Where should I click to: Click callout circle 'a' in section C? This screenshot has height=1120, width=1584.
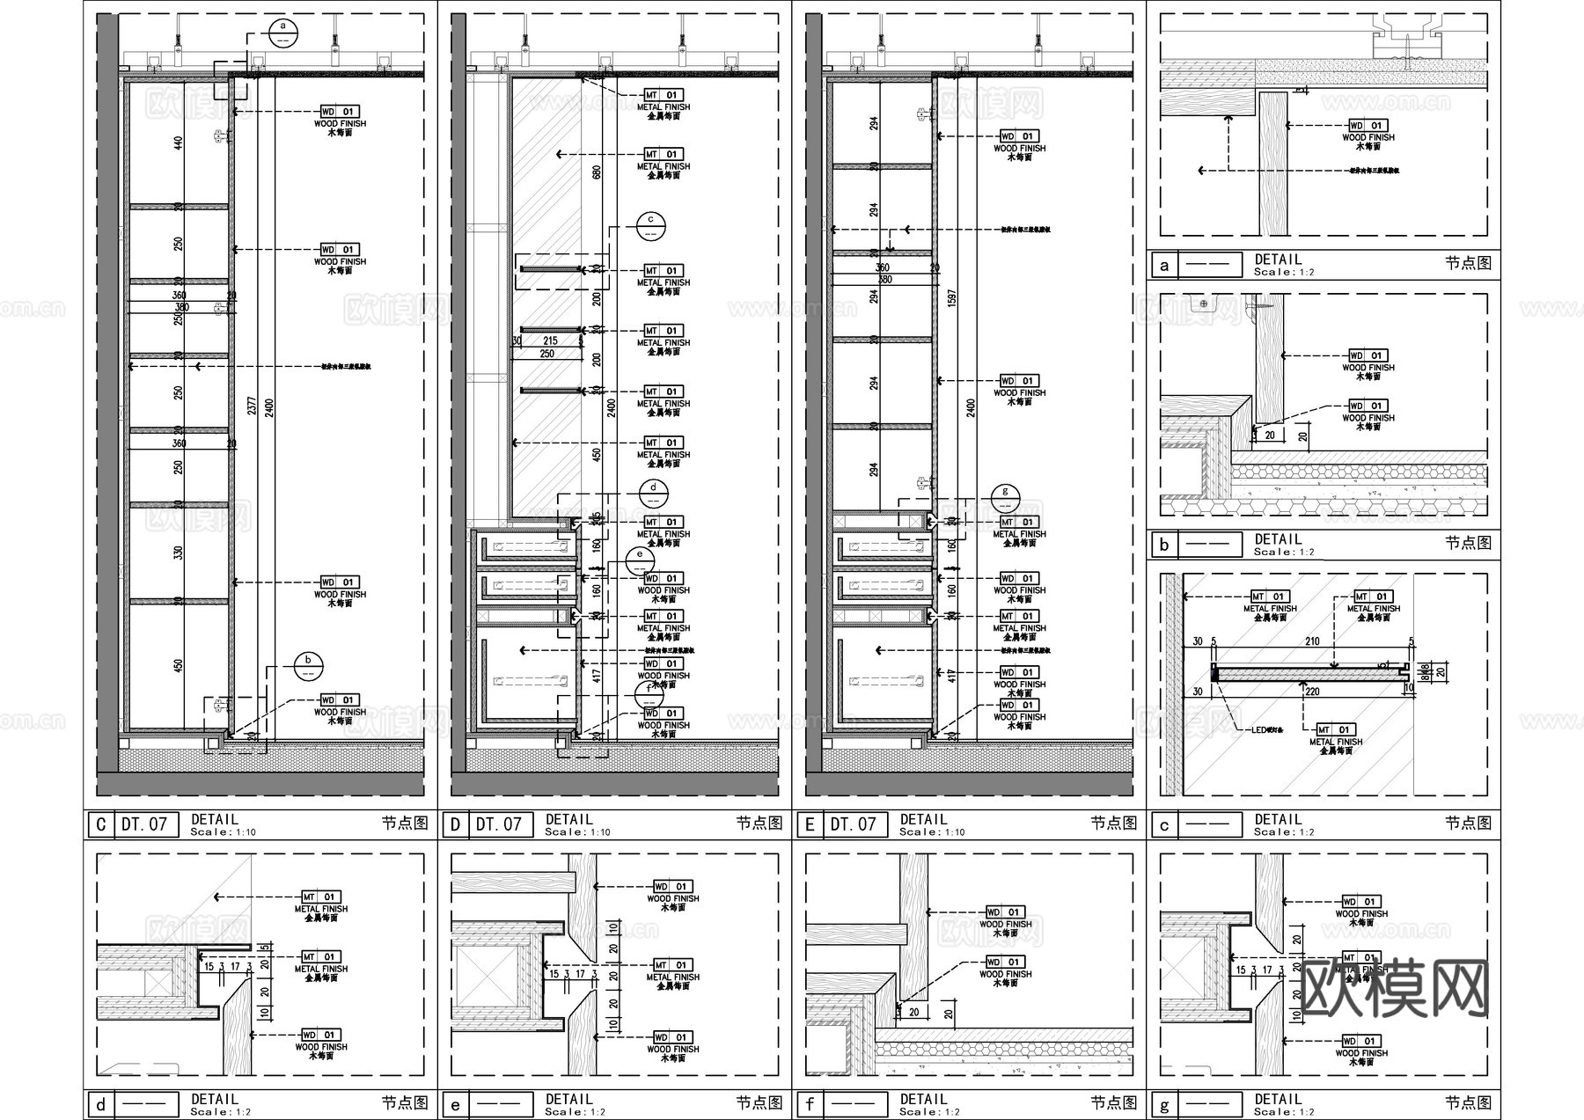283,32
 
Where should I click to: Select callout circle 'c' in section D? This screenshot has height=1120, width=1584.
650,225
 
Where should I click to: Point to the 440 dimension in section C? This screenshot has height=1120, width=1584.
179,143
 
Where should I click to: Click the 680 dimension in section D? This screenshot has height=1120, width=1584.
598,172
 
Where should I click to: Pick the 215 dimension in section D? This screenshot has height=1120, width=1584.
550,340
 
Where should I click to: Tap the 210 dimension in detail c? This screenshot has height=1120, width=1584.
1311,641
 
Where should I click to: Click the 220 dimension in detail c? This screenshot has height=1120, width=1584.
1312,692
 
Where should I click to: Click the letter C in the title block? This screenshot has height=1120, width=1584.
100,824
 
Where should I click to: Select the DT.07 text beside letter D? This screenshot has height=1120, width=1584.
499,824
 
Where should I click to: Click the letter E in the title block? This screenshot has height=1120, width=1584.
810,824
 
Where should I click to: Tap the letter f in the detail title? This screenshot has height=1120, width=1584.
810,1104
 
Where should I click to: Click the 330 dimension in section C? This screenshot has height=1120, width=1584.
179,553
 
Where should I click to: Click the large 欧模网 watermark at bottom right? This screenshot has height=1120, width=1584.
1394,988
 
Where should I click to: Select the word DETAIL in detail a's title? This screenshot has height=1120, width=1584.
1278,260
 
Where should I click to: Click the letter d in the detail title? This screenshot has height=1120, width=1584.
100,1104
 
